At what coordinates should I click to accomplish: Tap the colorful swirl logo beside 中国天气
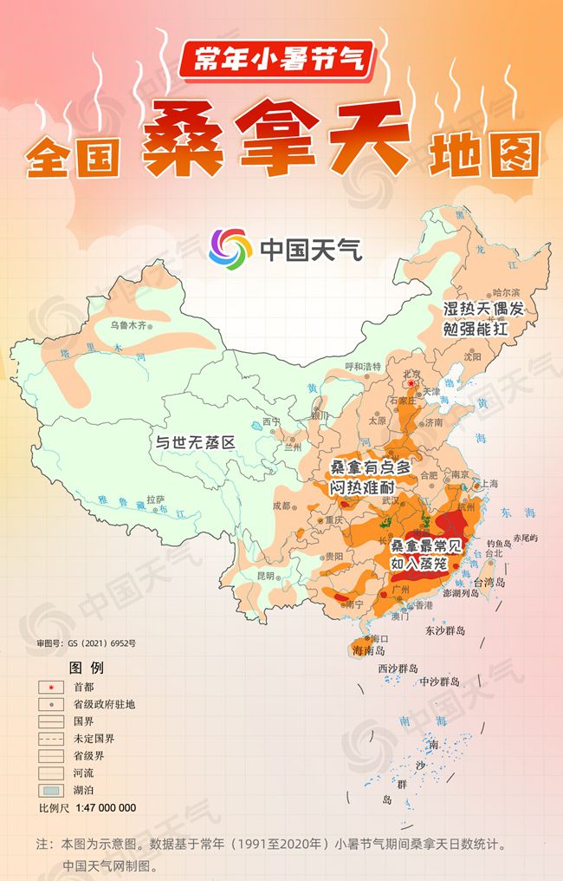click(x=228, y=249)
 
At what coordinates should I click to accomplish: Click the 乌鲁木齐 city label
click(x=130, y=326)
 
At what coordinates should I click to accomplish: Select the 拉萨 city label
click(x=155, y=499)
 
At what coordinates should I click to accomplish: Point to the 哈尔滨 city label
click(x=506, y=292)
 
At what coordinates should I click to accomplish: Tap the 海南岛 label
click(x=368, y=650)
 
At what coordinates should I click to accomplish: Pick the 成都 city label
click(x=281, y=505)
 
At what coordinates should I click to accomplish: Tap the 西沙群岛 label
click(x=398, y=669)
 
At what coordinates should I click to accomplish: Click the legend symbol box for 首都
click(x=52, y=687)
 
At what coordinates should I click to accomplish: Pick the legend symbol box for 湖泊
click(x=52, y=790)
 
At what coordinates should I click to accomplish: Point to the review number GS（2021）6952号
click(x=85, y=643)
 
